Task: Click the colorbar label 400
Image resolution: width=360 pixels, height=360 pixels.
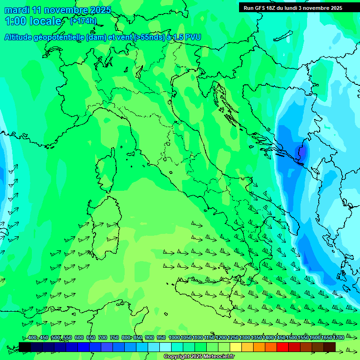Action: click(32, 337)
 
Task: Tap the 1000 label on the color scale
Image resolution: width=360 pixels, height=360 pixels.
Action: click(174, 337)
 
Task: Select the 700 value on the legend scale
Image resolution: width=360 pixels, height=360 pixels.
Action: click(103, 337)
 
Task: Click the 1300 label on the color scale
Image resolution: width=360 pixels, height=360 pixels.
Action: click(245, 337)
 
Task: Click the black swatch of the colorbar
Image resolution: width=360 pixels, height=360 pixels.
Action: click(25, 347)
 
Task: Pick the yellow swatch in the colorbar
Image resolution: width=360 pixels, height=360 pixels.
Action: click(236, 347)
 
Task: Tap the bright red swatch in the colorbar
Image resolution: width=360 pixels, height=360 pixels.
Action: click(283, 347)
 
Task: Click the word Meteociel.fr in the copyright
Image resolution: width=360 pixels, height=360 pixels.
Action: click(214, 357)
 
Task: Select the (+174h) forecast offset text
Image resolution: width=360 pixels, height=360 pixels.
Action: click(83, 21)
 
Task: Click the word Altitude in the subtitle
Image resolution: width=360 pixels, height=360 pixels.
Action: click(19, 37)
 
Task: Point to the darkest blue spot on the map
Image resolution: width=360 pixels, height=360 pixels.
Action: click(302, 152)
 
